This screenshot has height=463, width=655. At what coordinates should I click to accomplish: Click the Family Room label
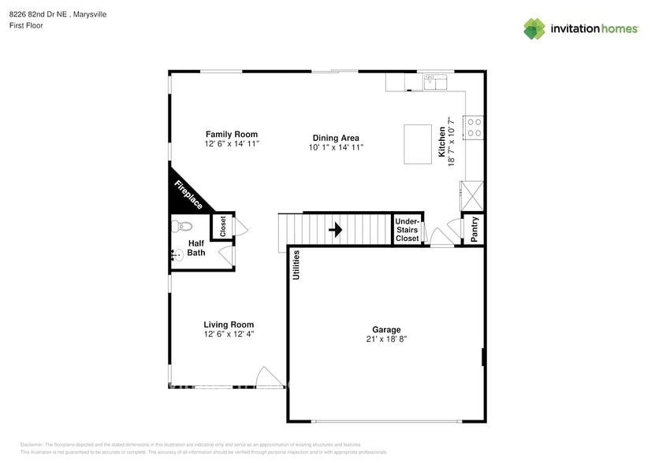click(x=232, y=135)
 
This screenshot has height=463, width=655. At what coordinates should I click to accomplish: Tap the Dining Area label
click(x=336, y=138)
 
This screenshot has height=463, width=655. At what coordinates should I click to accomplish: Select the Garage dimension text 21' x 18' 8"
click(x=386, y=339)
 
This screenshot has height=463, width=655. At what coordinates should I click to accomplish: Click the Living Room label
click(x=229, y=324)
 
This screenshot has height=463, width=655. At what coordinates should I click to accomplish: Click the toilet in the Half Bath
click(x=180, y=227)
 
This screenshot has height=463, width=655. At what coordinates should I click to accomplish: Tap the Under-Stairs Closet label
click(x=408, y=229)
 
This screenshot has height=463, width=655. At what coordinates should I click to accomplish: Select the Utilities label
click(x=296, y=265)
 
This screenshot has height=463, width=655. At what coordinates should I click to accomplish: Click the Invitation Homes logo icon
click(x=534, y=28)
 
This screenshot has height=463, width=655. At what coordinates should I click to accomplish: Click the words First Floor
click(x=27, y=25)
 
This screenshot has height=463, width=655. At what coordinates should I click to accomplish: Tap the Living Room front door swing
click(x=270, y=377)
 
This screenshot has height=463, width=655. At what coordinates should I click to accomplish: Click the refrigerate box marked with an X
click(x=473, y=193)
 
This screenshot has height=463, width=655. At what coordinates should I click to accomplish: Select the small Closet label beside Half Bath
click(x=223, y=227)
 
